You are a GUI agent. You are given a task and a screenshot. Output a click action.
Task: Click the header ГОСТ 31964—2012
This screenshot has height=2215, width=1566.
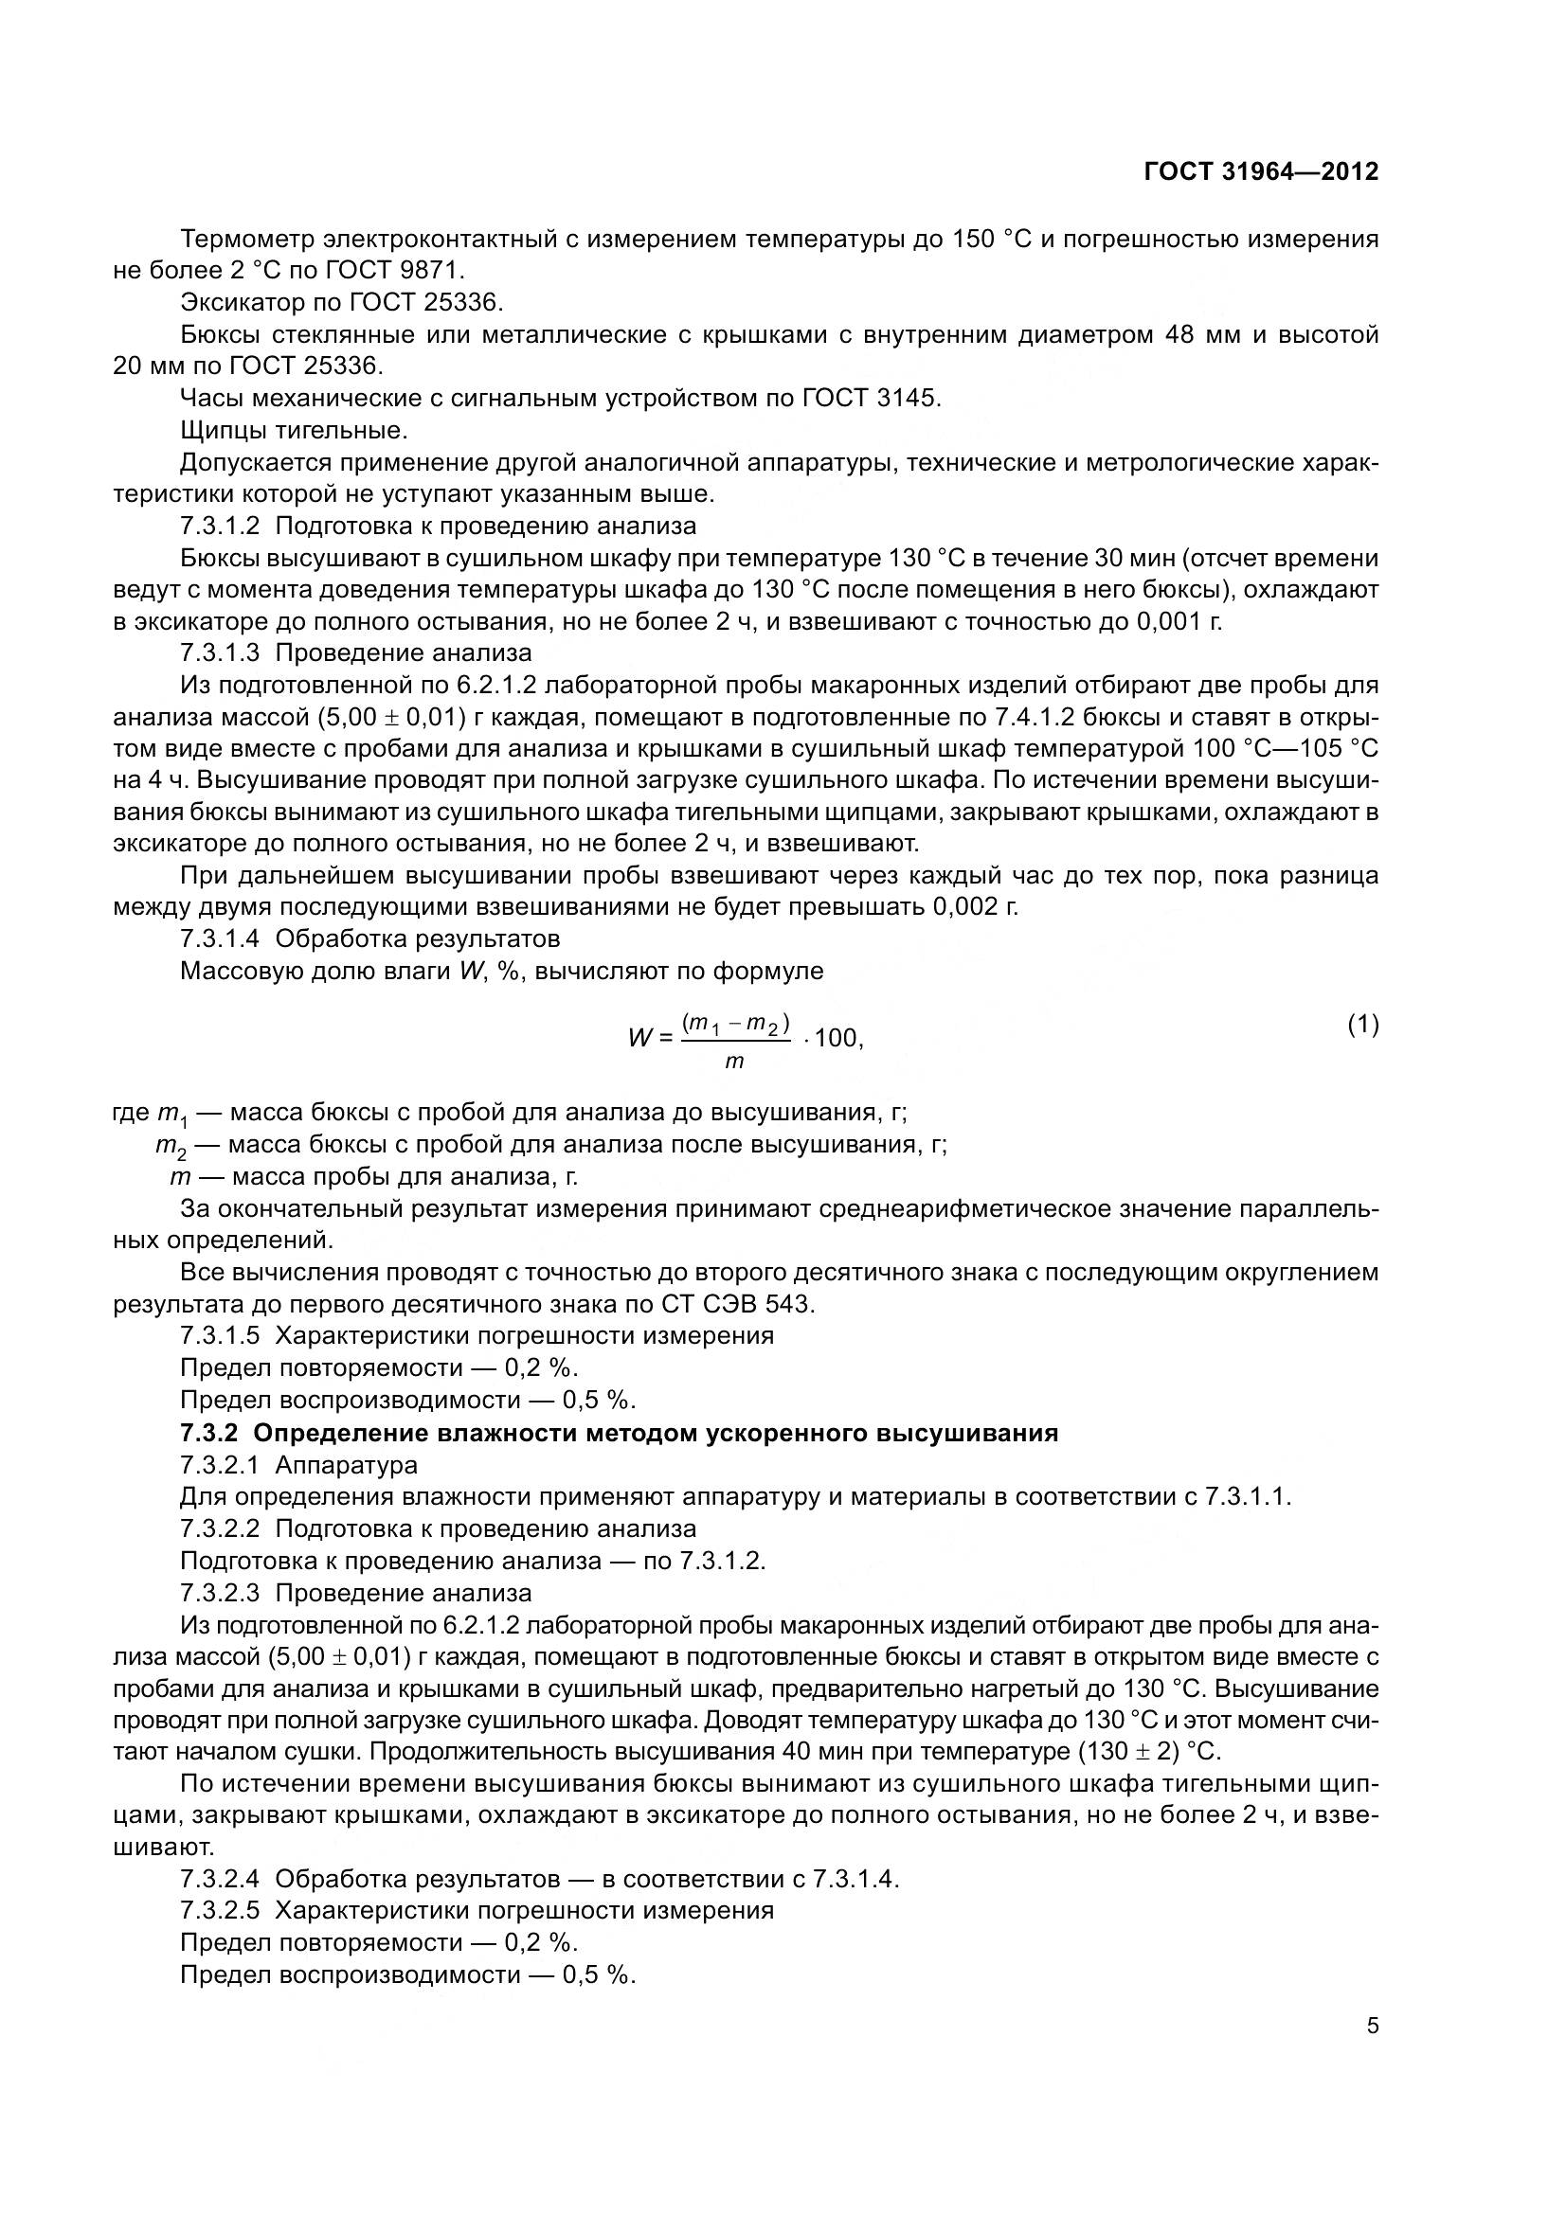pos(1260,171)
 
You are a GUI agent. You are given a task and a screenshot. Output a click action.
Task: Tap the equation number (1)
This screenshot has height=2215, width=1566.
pos(1362,1026)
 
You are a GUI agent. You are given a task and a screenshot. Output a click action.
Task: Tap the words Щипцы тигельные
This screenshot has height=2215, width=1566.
pos(294,430)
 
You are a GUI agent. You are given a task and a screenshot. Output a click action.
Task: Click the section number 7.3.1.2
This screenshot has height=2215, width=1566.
pos(219,526)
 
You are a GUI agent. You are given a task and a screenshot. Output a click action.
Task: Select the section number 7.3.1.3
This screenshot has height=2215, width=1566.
pos(219,653)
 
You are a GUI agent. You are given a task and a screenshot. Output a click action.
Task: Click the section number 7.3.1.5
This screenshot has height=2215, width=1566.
pos(219,1336)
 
